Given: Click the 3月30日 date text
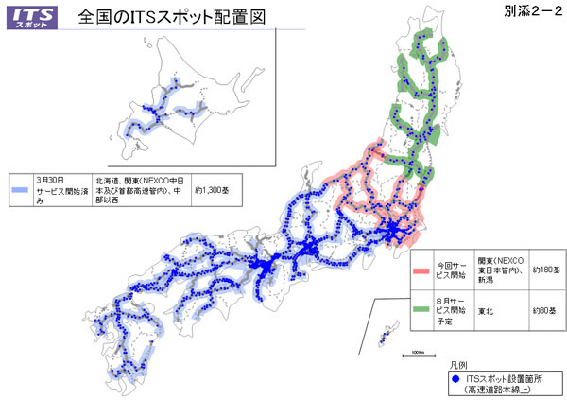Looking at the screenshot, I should pos(49,179).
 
